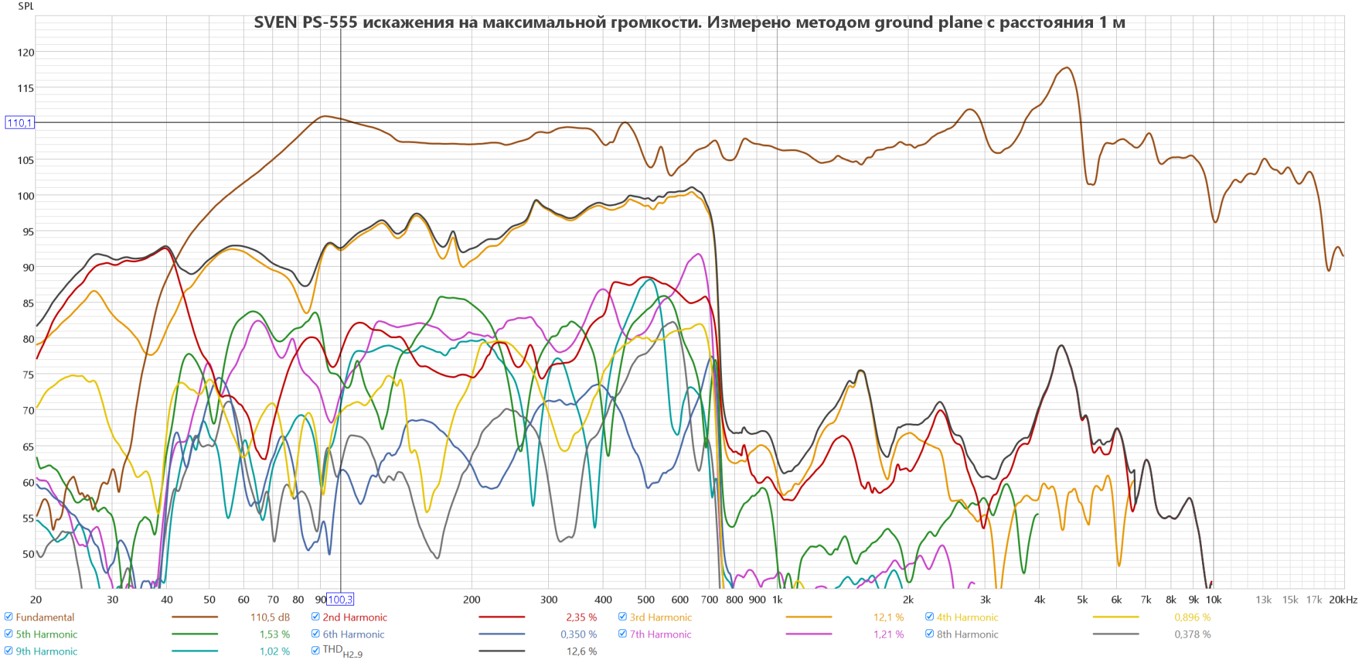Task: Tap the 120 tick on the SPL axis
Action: [26, 52]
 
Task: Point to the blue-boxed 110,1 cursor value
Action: [19, 123]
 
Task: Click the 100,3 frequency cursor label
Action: [340, 599]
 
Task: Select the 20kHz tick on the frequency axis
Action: [1342, 599]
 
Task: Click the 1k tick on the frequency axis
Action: [777, 599]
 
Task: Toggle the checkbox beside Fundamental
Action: [9, 617]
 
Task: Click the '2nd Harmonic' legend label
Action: [355, 617]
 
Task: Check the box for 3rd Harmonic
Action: [622, 617]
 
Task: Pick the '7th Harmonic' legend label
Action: [661, 634]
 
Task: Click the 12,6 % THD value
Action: [582, 651]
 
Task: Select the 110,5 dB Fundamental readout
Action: [270, 617]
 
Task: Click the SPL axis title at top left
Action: [26, 6]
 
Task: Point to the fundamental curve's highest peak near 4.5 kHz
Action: [1066, 68]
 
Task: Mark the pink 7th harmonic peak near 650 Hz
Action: [699, 254]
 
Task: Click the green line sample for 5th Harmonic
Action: [195, 634]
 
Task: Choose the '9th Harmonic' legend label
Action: [47, 651]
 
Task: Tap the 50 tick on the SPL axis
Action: [28, 554]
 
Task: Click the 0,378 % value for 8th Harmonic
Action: [1192, 634]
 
